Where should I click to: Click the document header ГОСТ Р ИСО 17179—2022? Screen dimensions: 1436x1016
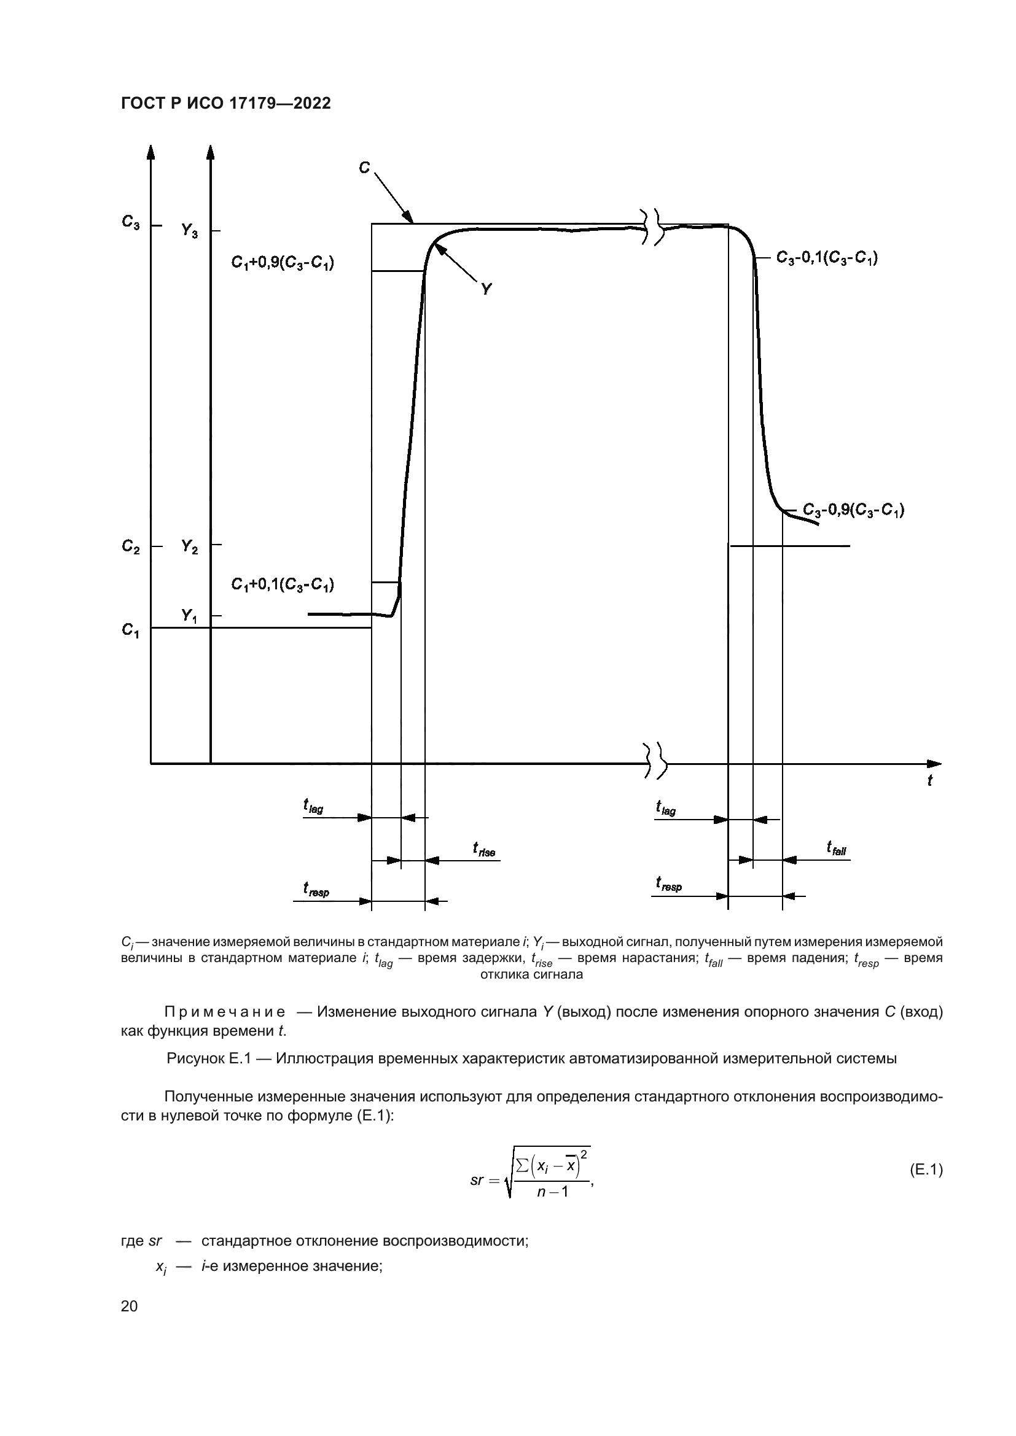click(x=225, y=104)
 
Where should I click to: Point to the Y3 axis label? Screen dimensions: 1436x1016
click(x=190, y=231)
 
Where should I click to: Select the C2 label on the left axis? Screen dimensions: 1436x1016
click(x=131, y=546)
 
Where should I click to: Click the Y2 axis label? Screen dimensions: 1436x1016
click(x=190, y=546)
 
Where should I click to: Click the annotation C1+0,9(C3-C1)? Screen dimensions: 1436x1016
click(x=282, y=263)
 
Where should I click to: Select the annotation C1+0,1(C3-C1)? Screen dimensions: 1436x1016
click(x=282, y=585)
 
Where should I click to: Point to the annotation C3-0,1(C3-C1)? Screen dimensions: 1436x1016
click(x=826, y=258)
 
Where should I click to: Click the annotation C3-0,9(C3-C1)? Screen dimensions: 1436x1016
click(x=853, y=510)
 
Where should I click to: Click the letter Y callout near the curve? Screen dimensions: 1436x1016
click(x=486, y=289)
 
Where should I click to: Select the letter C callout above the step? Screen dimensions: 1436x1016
click(x=364, y=168)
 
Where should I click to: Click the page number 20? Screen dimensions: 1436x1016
click(x=129, y=1306)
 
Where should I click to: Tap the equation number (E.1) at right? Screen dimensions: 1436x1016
click(x=925, y=1170)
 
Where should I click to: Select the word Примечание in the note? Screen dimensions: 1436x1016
click(x=225, y=1012)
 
